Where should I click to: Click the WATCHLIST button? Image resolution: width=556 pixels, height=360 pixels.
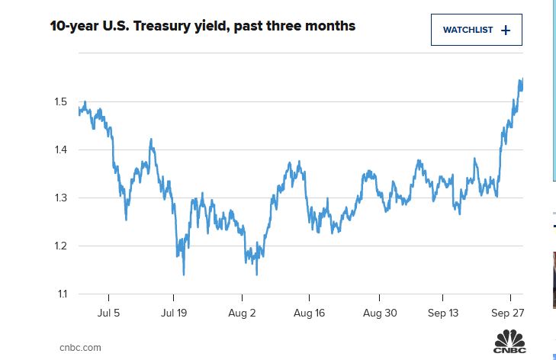click(x=476, y=30)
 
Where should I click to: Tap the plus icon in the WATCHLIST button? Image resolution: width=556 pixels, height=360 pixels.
click(x=506, y=30)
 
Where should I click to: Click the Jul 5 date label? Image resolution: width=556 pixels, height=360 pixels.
click(x=108, y=313)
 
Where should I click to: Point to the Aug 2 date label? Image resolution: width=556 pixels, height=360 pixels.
click(x=242, y=313)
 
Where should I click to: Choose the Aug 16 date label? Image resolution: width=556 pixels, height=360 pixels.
click(x=310, y=313)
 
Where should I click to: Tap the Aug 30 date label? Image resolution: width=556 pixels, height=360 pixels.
click(x=378, y=313)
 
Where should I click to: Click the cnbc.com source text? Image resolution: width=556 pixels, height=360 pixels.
click(x=80, y=347)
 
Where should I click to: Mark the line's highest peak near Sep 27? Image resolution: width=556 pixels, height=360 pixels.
click(x=521, y=80)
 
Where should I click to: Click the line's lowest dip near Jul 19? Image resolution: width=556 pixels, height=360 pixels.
click(x=183, y=274)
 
